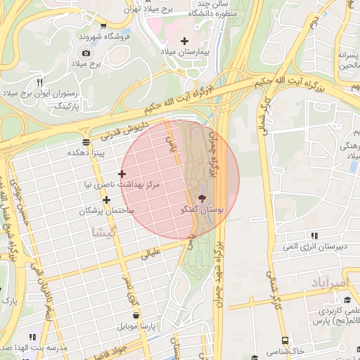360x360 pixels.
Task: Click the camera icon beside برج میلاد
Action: point(86,53)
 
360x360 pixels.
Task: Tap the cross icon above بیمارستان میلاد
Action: point(185,41)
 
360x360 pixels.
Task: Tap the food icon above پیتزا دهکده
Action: point(86,142)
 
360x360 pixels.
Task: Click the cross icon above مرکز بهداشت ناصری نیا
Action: point(122,174)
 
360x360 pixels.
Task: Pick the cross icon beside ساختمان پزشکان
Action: point(106,200)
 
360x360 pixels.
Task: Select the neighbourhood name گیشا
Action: point(103,231)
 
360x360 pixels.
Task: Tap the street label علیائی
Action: point(153,253)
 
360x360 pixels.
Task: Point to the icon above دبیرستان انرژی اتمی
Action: point(314,236)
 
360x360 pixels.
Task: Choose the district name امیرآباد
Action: point(328,283)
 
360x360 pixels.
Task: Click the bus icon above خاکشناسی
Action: point(284,339)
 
